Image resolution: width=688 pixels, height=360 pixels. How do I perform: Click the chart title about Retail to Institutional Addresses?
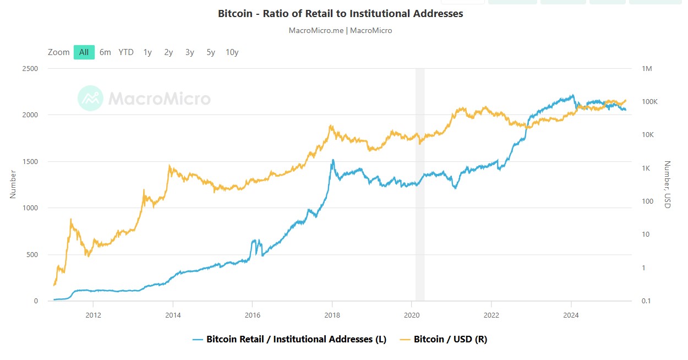coord(340,14)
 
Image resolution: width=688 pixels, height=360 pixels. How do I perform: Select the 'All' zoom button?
coord(84,52)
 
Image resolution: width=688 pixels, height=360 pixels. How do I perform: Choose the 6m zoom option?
coord(105,52)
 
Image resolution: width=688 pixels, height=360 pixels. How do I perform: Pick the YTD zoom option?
coord(126,52)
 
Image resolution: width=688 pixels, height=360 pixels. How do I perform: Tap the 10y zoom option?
coord(232,52)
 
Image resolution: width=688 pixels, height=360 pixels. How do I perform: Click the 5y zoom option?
coord(211,52)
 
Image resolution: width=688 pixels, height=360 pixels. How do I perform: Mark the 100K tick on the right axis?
coord(651,102)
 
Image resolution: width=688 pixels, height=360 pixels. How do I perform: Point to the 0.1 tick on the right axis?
coord(647,301)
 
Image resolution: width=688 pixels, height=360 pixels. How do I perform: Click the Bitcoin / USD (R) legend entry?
coord(450,340)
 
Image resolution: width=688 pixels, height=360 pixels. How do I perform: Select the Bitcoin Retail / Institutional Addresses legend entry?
coord(296,340)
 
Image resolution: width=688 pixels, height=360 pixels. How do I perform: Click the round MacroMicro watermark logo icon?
coord(90,99)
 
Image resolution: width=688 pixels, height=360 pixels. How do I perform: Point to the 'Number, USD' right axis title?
coord(667,184)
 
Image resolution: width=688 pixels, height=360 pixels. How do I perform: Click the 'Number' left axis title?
coord(13,184)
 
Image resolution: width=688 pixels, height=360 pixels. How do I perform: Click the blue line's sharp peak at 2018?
coord(332,160)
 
